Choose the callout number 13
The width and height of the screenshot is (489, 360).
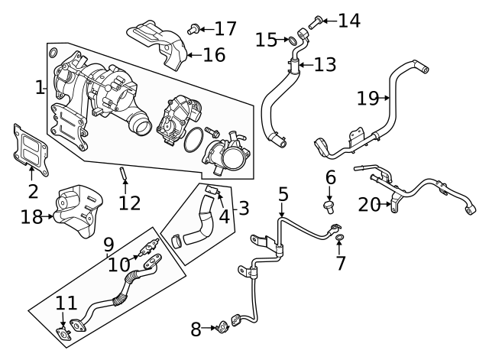coord(324,64)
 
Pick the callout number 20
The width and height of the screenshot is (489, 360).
coord(370,203)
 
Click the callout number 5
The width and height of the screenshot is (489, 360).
coord(283,194)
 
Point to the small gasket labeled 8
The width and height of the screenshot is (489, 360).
coord(222,329)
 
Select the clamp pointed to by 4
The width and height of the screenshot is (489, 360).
coord(212,187)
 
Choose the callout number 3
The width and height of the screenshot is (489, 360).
coord(243,208)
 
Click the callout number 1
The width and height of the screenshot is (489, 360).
coord(40,88)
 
